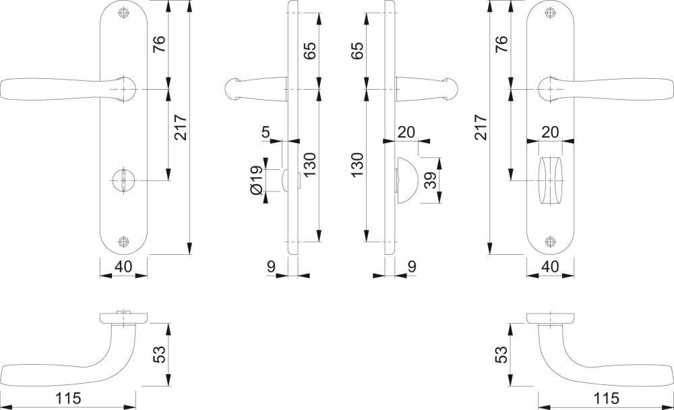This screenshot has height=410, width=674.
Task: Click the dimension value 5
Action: pyautogui.click(x=266, y=131)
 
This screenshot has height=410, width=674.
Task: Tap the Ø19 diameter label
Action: pyautogui.click(x=256, y=180)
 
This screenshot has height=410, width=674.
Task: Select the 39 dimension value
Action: pyautogui.click(x=430, y=180)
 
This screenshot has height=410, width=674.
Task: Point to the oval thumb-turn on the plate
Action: pyautogui.click(x=550, y=180)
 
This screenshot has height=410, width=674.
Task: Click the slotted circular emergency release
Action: pyautogui.click(x=123, y=180)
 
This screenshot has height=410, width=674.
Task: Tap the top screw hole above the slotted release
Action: pyautogui.click(x=124, y=13)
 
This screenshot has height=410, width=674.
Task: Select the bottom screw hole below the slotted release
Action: pyautogui.click(x=124, y=242)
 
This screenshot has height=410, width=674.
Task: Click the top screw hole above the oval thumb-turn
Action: pyautogui.click(x=550, y=13)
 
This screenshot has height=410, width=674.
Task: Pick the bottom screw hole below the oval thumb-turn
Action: pyautogui.click(x=550, y=242)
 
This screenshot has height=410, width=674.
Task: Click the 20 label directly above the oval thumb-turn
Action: pyautogui.click(x=550, y=131)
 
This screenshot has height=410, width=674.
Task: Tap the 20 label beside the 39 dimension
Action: pyautogui.click(x=406, y=131)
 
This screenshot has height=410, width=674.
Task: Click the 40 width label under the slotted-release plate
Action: pyautogui.click(x=123, y=266)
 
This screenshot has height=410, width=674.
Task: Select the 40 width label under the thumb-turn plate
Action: pyautogui.click(x=550, y=266)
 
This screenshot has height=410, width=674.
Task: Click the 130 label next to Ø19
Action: pyautogui.click(x=310, y=164)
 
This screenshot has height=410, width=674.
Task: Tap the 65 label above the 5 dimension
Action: pyautogui.click(x=310, y=51)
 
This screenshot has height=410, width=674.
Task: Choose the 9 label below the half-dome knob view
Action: pyautogui.click(x=412, y=266)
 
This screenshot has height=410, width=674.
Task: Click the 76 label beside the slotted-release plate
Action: pyautogui.click(x=159, y=44)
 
